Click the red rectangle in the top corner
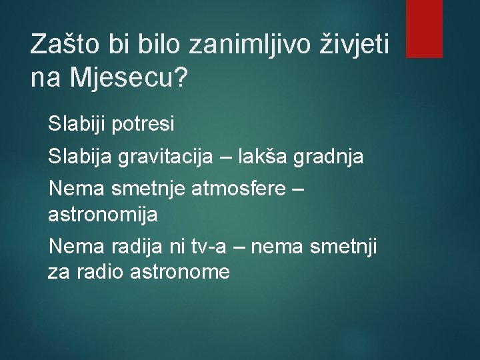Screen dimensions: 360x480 [x=424, y=28]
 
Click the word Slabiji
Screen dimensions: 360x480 [x=75, y=123]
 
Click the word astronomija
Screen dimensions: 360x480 [x=103, y=214]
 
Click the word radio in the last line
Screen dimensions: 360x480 [x=97, y=271]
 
